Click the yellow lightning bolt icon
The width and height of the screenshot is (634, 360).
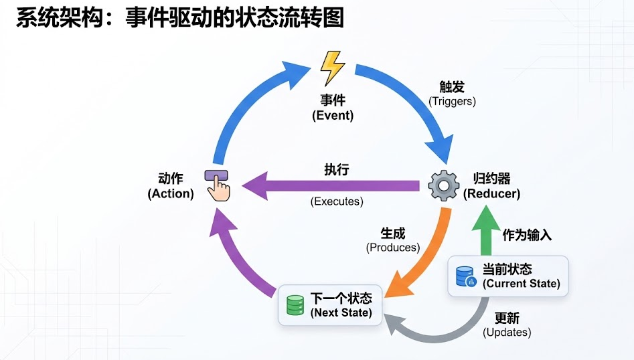332,68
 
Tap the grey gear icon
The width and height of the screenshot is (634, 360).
443,186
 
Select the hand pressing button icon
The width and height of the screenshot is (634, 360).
217,184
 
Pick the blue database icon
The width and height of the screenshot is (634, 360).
465,276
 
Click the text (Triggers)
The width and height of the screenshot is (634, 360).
452,102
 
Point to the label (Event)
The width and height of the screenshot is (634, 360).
333,115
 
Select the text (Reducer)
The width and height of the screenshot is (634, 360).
491,194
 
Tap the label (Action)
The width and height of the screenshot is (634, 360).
171,194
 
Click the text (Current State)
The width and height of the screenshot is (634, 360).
521,284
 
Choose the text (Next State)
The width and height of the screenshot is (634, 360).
341,312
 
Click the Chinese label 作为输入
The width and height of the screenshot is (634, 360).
527,235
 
